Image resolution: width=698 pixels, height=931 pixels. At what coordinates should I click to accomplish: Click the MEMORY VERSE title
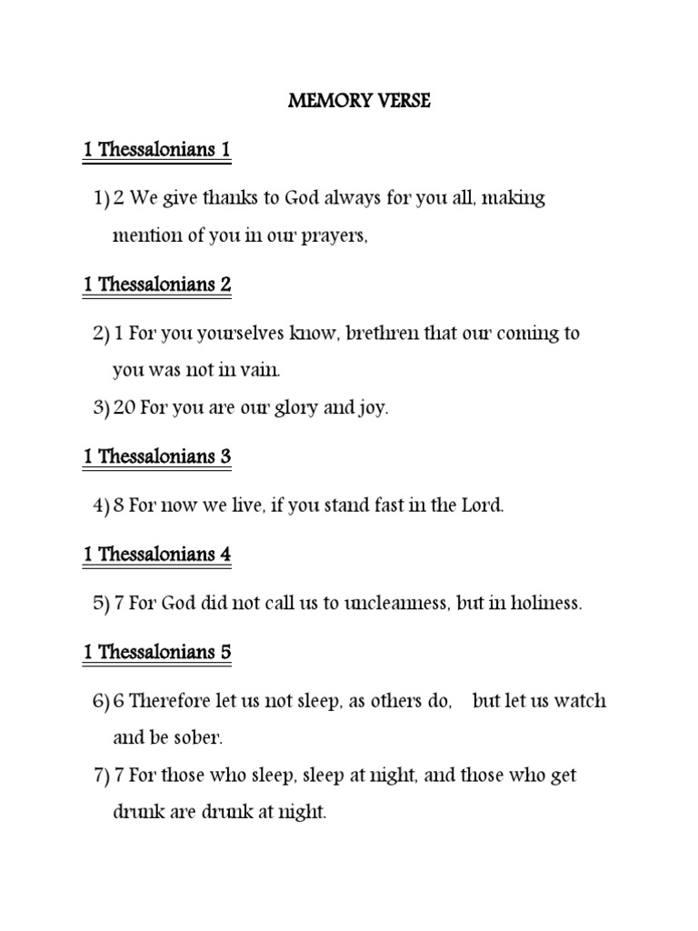pyautogui.click(x=359, y=102)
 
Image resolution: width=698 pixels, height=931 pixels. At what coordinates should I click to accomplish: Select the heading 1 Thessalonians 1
pyautogui.click(x=156, y=150)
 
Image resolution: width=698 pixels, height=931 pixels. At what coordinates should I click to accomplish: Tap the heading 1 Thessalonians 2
pyautogui.click(x=156, y=285)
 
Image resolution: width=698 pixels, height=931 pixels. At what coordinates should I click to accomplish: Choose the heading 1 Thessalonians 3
pyautogui.click(x=156, y=456)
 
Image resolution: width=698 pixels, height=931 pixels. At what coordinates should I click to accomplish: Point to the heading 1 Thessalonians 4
pyautogui.click(x=156, y=555)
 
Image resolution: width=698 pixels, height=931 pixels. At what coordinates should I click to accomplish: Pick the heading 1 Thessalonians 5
pyautogui.click(x=156, y=652)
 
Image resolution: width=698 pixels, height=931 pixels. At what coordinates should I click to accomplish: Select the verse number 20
pyautogui.click(x=125, y=408)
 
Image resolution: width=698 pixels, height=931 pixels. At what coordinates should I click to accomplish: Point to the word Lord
pyautogui.click(x=482, y=506)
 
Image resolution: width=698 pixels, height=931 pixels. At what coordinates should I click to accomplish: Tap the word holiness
pyautogui.click(x=543, y=604)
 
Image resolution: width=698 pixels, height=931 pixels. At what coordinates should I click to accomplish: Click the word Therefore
pyautogui.click(x=171, y=701)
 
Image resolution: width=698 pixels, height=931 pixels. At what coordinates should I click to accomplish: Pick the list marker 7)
pyautogui.click(x=101, y=776)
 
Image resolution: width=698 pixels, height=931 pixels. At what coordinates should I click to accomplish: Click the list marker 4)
pyautogui.click(x=101, y=506)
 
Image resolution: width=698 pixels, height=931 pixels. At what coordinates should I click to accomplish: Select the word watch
pyautogui.click(x=581, y=701)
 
